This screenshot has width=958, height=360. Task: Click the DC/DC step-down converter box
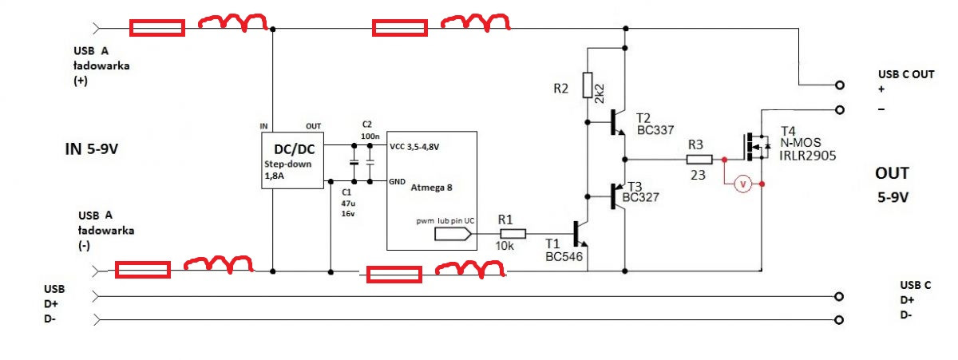[x=292, y=160]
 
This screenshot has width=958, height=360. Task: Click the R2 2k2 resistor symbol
[x=588, y=85]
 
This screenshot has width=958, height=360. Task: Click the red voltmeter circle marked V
[x=742, y=184]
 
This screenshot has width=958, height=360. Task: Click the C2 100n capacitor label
[x=367, y=131]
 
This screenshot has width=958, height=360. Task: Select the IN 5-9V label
[x=98, y=148]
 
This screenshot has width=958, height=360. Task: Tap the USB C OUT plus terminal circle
[x=839, y=85]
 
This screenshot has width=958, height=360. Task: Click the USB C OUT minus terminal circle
[x=839, y=109]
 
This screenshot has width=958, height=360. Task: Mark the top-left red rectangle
[x=157, y=29]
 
